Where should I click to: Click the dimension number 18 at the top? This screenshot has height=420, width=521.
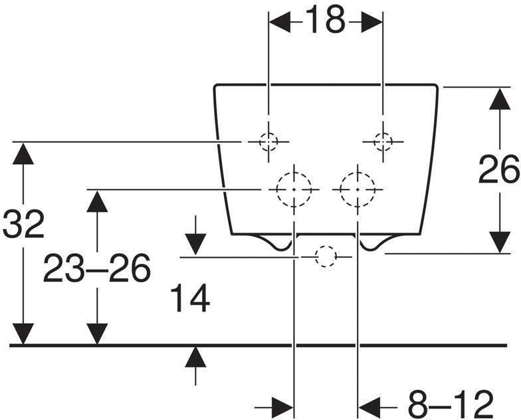pos(326,21)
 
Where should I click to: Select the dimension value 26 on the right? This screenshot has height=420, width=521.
pos(499,170)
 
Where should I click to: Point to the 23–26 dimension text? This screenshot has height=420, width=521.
pos(97,268)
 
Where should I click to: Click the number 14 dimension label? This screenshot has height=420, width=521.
pos(190,298)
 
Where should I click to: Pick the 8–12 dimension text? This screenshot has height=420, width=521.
pos(451,404)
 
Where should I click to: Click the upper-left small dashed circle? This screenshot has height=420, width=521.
pos(268,142)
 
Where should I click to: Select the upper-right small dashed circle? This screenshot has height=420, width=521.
pos(383,142)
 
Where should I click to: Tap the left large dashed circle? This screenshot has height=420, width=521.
pos(294,190)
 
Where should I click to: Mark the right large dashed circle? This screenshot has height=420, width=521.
pos(358,190)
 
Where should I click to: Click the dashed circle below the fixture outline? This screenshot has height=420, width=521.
pos(326,257)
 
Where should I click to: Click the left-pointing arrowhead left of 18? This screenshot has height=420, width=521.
pos(280,22)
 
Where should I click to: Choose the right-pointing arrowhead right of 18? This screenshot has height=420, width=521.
pos(371,22)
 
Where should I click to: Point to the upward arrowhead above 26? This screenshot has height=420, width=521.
pos(500,98)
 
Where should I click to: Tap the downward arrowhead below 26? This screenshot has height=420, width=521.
pos(500,243)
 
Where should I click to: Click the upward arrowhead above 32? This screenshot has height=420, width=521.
pos(23,153)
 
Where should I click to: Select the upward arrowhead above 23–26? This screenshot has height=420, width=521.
pos(97,201)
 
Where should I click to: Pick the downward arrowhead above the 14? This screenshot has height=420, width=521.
pos(195,245)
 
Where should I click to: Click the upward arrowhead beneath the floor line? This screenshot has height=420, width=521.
pos(195,357)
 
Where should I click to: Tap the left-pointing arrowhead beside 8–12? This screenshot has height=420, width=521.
pos(369,407)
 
